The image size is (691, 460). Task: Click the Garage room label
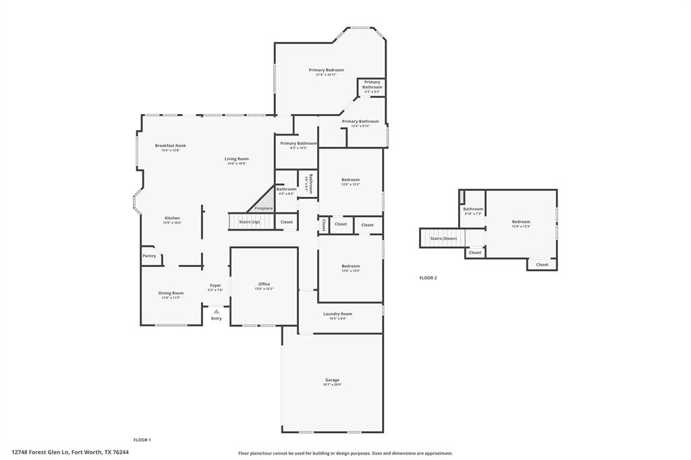pyautogui.click(x=332, y=380)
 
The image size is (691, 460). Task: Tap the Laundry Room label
pyautogui.click(x=337, y=314)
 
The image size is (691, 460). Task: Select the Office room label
pyautogui.click(x=264, y=285)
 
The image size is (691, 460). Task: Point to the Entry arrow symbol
pyautogui.click(x=216, y=312)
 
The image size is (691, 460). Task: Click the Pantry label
pyautogui.click(x=149, y=256)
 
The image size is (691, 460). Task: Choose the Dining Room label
pyautogui.click(x=171, y=293)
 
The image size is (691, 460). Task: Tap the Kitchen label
pyautogui.click(x=172, y=218)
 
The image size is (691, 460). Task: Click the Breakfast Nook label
pyautogui.click(x=170, y=146)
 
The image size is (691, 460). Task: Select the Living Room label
pyautogui.click(x=237, y=159)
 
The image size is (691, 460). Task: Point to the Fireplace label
pyautogui.click(x=264, y=208)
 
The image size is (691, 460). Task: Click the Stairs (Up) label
pyautogui.click(x=249, y=222)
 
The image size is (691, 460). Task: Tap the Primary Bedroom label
pyautogui.click(x=326, y=70)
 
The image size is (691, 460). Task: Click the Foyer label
pyautogui.click(x=215, y=286)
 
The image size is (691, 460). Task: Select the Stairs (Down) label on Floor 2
pyautogui.click(x=443, y=238)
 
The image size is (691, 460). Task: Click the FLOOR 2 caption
pyautogui.click(x=428, y=278)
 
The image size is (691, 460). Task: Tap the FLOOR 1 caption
pyautogui.click(x=142, y=440)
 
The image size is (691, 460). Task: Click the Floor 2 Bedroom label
pyautogui.click(x=520, y=222)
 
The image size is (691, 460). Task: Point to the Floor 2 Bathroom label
pyautogui.click(x=472, y=209)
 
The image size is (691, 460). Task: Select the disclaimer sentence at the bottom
pyautogui.click(x=345, y=453)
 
